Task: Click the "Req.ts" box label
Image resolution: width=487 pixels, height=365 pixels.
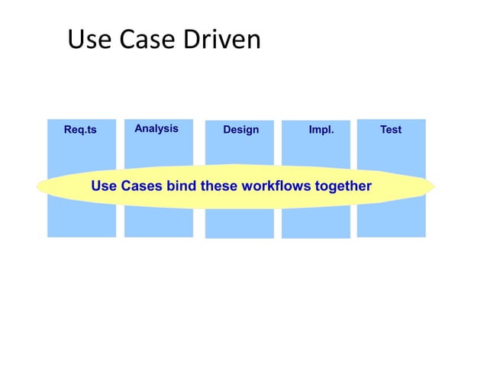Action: coord(80,130)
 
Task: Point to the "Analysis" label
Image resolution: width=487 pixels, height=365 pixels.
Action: coord(156,128)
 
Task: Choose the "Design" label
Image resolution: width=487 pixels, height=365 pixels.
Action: coord(240,130)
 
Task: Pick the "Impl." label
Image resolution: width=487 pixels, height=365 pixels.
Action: coord(321,130)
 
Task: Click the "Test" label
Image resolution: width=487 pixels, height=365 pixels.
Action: coord(391,130)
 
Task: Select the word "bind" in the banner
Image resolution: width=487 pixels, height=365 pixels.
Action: coord(182,186)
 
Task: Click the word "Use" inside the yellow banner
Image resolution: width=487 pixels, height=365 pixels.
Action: coord(104,186)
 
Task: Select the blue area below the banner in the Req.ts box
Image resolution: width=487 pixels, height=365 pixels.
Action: coord(82,222)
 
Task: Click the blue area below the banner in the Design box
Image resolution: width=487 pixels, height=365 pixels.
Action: coord(239,224)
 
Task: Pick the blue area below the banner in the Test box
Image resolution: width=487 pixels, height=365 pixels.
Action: coord(391,222)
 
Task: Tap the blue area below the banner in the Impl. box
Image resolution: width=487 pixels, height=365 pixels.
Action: coord(315,224)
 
